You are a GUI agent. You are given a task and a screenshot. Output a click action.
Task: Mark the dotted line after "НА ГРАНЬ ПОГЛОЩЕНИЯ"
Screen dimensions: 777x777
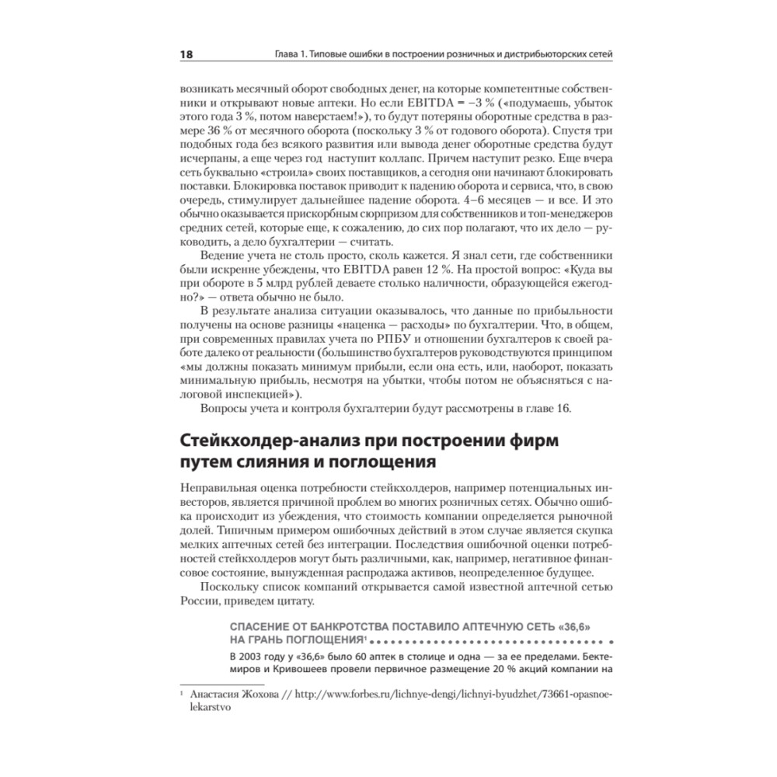(490, 641)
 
